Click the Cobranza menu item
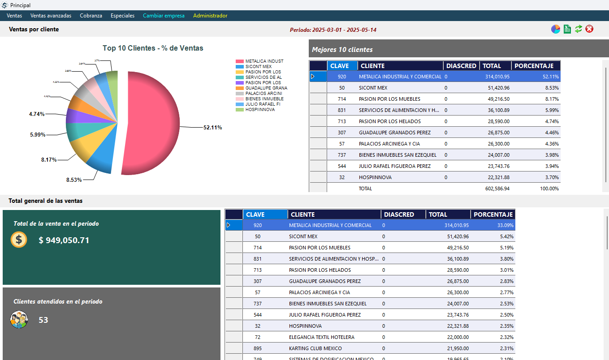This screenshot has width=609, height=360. pos(91,16)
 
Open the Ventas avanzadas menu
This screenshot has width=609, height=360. pos(51,16)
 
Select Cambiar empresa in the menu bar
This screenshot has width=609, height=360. pos(164,16)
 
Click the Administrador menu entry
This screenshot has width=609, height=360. pos(210,16)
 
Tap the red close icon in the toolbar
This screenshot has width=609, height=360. pos(589,29)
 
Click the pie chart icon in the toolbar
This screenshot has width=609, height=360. pos(556,29)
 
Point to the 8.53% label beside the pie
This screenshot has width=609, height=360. pos(74,180)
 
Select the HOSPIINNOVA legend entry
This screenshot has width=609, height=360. pos(260,110)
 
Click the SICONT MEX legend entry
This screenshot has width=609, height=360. pos(258,67)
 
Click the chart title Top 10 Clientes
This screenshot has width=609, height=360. pos(153,48)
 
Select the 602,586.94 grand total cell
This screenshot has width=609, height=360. pos(495,189)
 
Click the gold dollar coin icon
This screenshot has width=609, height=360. pos(19,240)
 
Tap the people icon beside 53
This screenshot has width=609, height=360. pos(19,320)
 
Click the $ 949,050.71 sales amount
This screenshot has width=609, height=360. pos(64,240)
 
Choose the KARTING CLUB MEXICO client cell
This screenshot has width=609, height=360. pos(315,348)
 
